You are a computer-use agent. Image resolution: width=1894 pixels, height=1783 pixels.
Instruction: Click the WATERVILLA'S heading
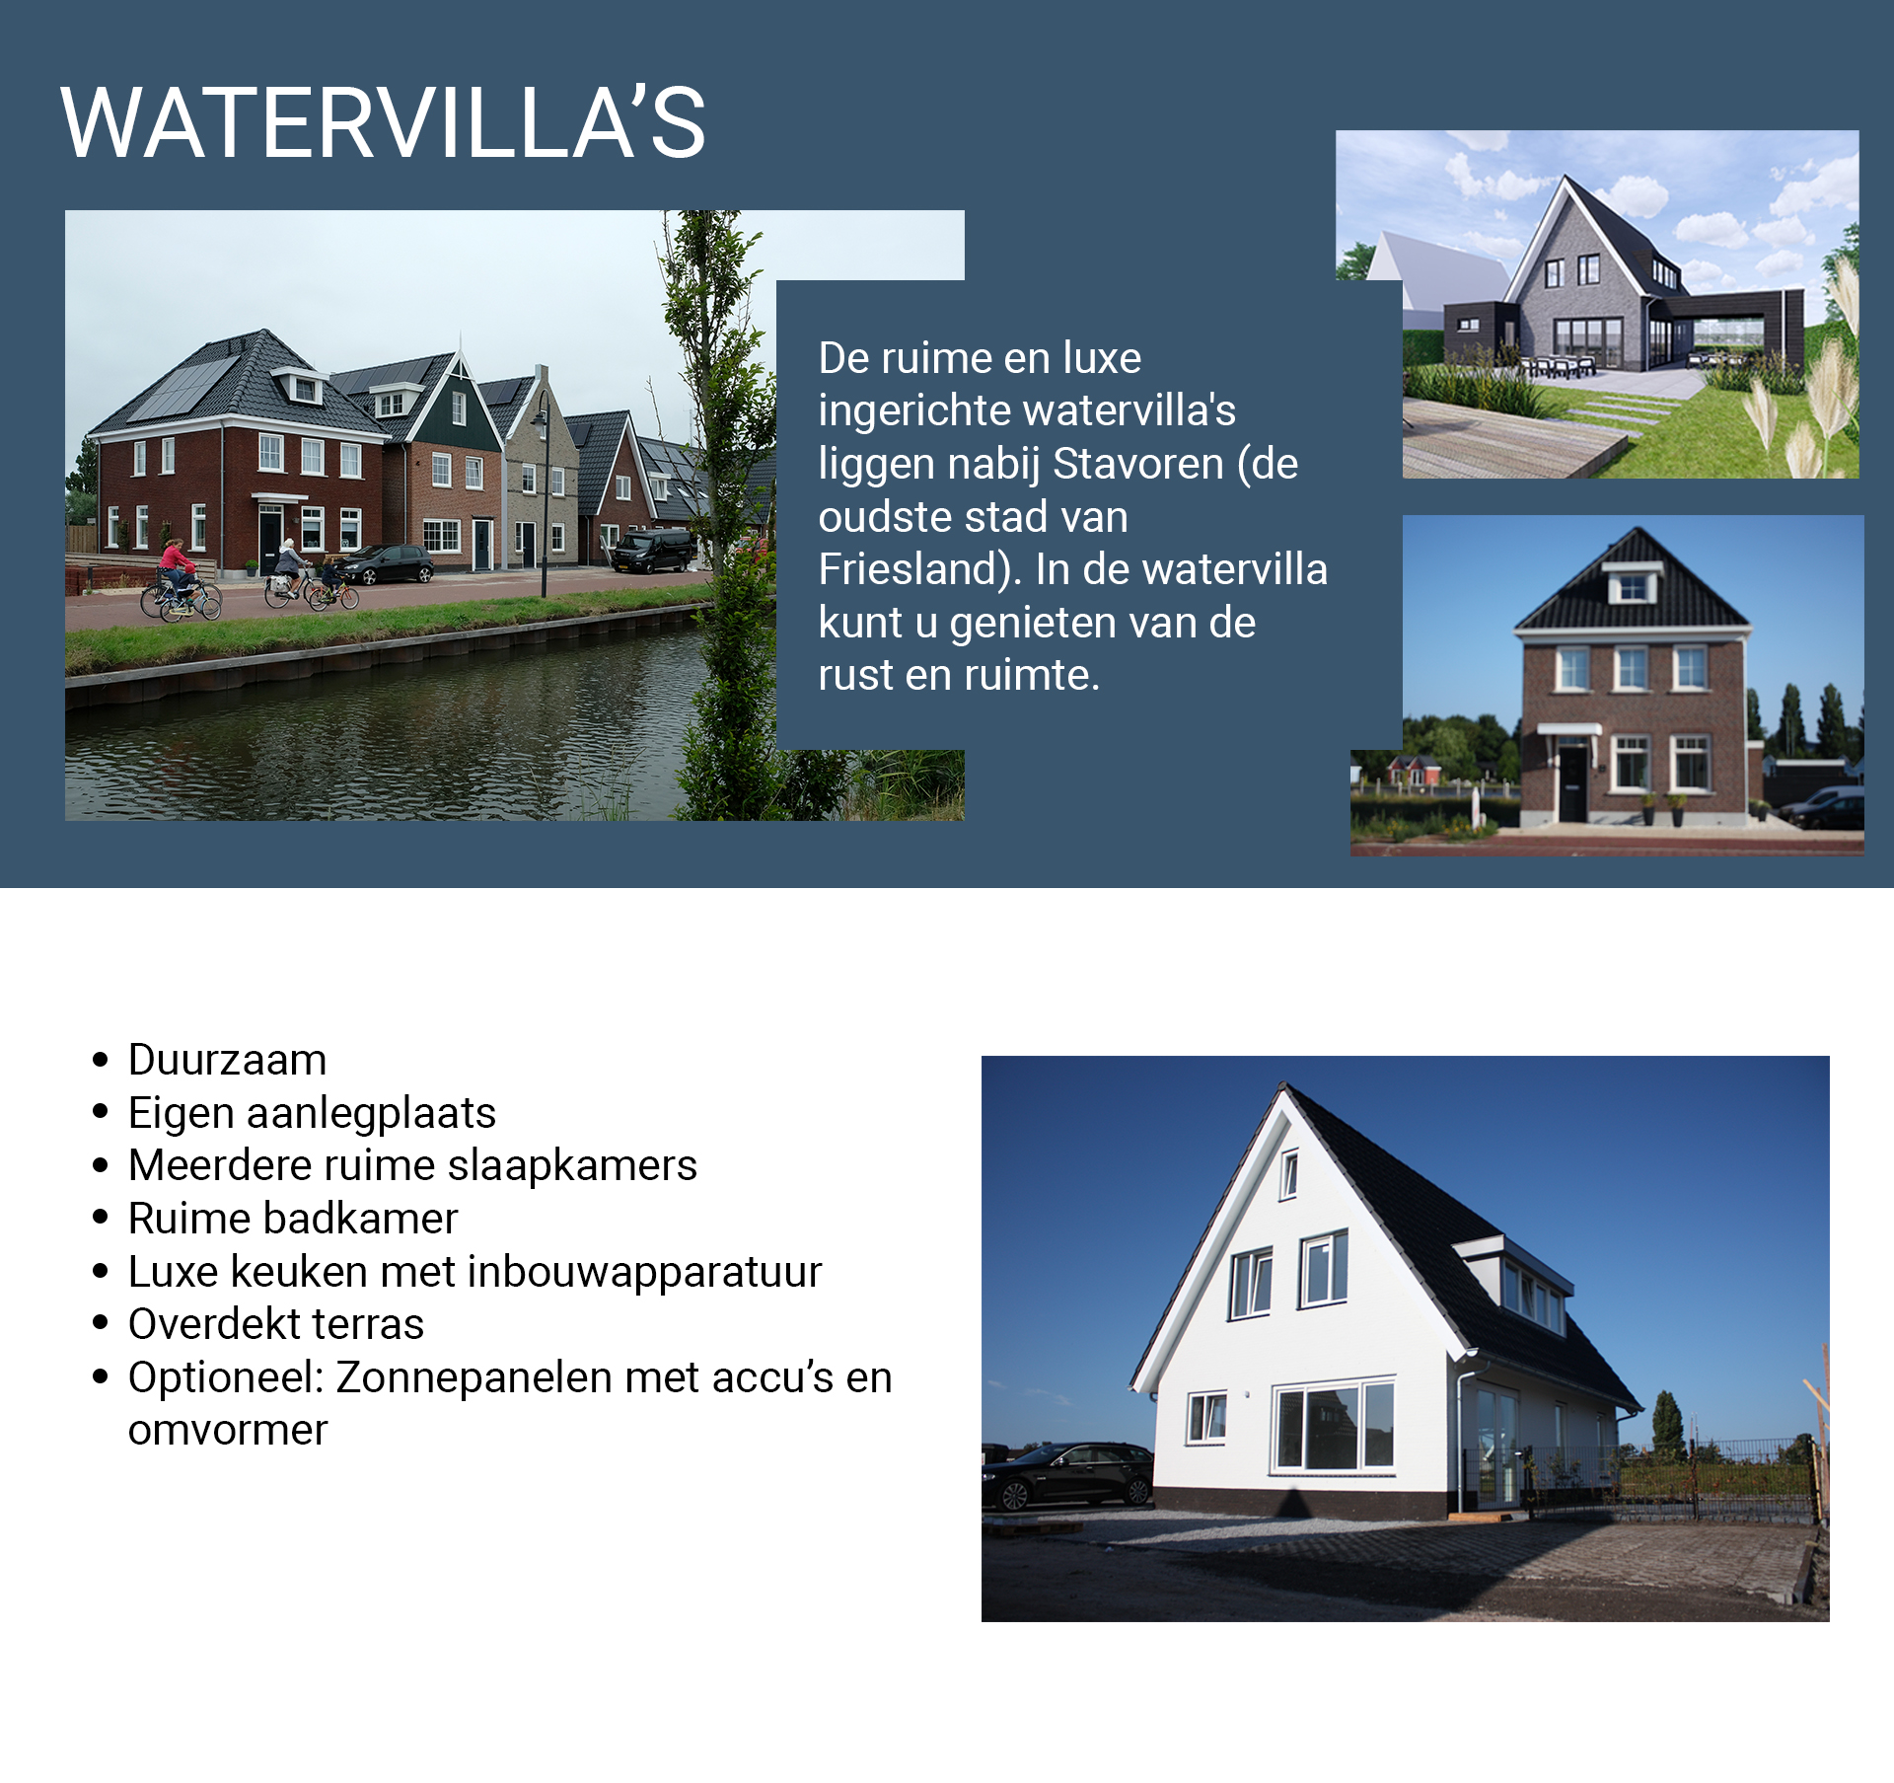click(x=383, y=122)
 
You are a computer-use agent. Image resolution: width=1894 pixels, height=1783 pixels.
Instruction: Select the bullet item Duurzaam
click(x=227, y=1060)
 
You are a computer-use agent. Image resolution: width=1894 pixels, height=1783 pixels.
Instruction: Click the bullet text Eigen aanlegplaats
click(x=312, y=1113)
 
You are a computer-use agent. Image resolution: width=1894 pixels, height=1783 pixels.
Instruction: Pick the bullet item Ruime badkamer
click(x=293, y=1219)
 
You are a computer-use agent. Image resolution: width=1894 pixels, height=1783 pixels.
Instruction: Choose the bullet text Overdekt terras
click(x=276, y=1324)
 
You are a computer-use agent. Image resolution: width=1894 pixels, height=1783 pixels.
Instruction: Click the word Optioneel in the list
click(x=226, y=1377)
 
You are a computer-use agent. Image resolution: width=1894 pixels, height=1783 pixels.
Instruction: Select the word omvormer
click(x=228, y=1431)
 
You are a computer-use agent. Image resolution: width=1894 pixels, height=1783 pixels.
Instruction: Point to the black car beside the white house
click(x=1068, y=1476)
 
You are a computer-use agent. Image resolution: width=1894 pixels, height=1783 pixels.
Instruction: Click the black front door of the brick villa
click(x=1572, y=784)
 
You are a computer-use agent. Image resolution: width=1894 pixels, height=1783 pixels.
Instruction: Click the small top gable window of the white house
click(x=1288, y=1174)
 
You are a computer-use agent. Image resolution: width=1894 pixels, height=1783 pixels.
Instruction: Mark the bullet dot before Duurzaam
click(x=100, y=1060)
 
